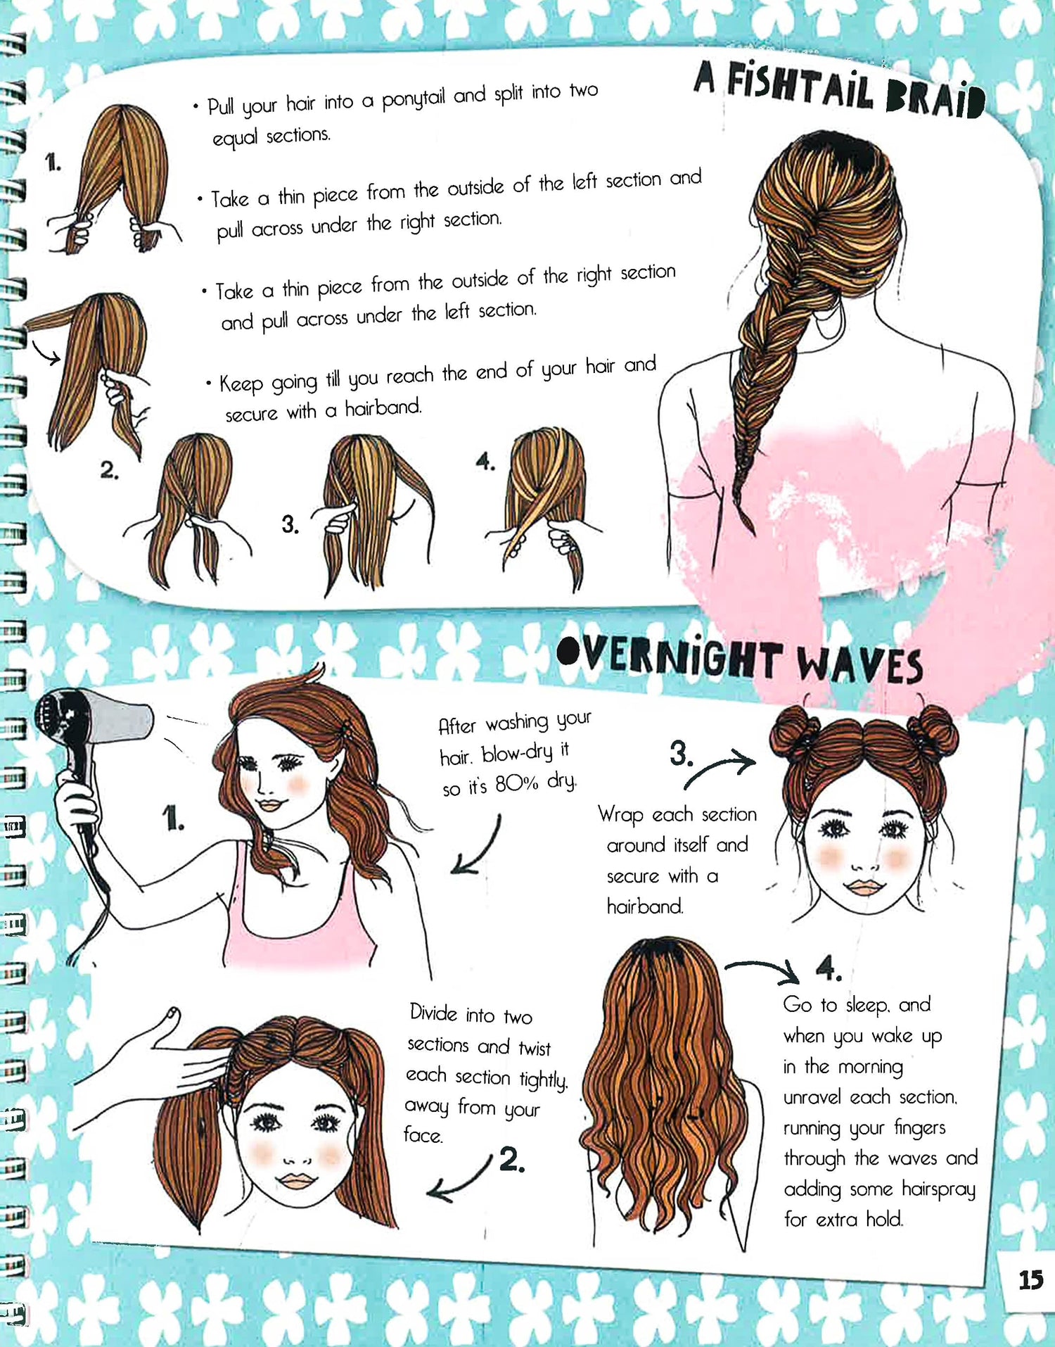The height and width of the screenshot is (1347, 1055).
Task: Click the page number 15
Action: point(1030,1279)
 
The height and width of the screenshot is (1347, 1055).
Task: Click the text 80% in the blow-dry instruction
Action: point(517,783)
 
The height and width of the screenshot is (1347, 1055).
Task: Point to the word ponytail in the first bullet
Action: point(413,99)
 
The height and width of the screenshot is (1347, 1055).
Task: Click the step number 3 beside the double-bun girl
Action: point(680,753)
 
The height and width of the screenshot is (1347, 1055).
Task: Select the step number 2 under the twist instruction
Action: point(511,1159)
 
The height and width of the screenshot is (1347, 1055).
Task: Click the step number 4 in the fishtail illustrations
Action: point(485,462)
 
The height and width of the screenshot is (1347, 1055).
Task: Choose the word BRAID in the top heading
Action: point(935,99)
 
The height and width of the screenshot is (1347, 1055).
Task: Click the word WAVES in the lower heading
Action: point(859,665)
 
